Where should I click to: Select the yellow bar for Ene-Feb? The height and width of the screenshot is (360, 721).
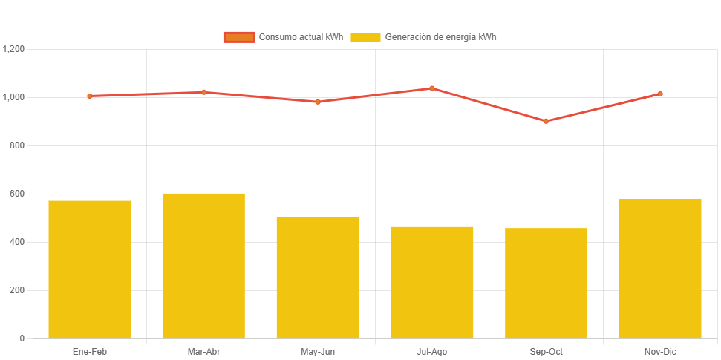90,269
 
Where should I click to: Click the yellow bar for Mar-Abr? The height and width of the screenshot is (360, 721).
203,266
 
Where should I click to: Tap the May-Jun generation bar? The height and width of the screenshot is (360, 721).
318,278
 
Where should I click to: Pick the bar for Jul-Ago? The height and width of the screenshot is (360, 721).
432,282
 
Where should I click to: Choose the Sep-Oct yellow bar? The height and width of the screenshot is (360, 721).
546,283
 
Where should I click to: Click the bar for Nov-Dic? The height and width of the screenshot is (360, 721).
660,269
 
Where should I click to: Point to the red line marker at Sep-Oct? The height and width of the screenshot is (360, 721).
546,121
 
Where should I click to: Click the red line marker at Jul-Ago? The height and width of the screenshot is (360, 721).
432,88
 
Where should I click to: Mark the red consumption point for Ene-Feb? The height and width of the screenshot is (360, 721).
90,96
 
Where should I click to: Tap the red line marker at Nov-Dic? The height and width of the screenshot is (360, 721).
660,94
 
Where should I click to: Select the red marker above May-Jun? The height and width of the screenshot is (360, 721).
318,102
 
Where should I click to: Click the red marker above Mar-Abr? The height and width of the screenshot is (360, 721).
203,92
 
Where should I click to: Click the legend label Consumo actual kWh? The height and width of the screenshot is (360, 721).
301,37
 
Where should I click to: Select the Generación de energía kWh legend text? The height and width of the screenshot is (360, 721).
440,37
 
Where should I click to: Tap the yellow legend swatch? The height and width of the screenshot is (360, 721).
365,37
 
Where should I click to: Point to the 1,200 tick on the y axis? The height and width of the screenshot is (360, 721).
14,49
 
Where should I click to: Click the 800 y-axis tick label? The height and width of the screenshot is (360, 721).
17,145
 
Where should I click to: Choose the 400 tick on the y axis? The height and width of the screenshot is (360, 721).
17,242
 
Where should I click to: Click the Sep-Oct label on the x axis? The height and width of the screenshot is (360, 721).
546,352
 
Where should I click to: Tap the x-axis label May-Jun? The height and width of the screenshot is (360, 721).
318,352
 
